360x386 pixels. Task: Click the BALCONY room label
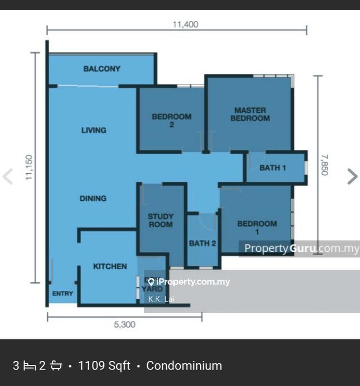coord(102,69)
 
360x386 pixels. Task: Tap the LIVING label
coord(94,130)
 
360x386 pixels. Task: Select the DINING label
coord(94,198)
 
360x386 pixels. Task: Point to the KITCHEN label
coord(110,266)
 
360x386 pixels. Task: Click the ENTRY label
coord(62,293)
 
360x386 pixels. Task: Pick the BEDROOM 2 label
coord(171,120)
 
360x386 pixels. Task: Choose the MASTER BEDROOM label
coord(249,114)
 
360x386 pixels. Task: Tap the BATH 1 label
coord(273,168)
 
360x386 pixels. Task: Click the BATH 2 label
coord(202,243)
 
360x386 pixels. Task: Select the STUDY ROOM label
coord(160,221)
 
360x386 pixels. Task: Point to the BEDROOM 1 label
coord(257,227)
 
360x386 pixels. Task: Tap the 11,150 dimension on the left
coord(29,168)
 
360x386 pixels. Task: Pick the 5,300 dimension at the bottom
coord(125,325)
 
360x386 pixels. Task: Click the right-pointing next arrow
coord(352,177)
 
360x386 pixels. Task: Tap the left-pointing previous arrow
coord(8,177)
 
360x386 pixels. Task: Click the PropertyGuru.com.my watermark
coord(301,248)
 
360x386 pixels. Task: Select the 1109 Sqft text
coord(104,366)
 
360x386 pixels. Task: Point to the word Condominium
coord(184,366)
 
